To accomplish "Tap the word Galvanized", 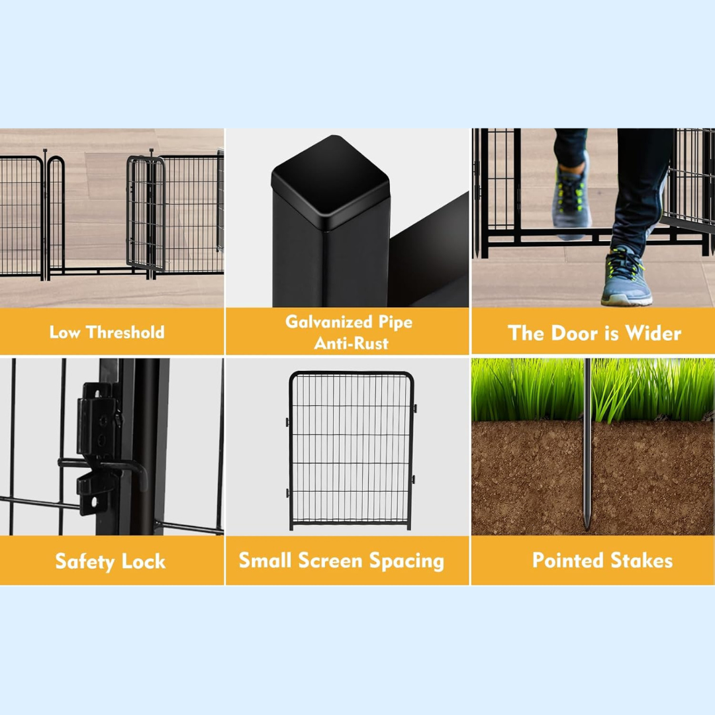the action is pyautogui.click(x=329, y=322).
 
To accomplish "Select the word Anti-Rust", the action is pyautogui.click(x=351, y=343).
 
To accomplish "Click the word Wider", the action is pyautogui.click(x=653, y=333).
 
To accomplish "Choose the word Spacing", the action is pyautogui.click(x=406, y=561).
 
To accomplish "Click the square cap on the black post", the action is pyautogui.click(x=330, y=183).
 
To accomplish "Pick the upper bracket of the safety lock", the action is pyautogui.click(x=99, y=420).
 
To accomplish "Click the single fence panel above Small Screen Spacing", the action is pyautogui.click(x=351, y=451).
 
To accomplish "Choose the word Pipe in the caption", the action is pyautogui.click(x=395, y=322).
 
